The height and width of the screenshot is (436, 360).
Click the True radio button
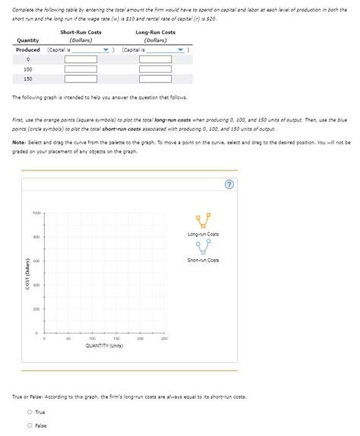[x=30, y=412]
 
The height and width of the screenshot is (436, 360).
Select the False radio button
[x=30, y=425]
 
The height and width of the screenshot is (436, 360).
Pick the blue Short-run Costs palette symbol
[x=203, y=247]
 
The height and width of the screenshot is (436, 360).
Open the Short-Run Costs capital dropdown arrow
[x=106, y=49]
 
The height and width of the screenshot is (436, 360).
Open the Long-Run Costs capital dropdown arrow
[x=179, y=49]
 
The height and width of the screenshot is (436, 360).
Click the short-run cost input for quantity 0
[x=81, y=59]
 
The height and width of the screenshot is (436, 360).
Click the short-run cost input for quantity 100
[x=81, y=69]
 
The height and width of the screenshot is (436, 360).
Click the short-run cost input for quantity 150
[x=81, y=78]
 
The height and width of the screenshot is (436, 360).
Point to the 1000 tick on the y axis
[x=36, y=213]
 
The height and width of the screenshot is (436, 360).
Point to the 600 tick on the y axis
[x=36, y=261]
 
